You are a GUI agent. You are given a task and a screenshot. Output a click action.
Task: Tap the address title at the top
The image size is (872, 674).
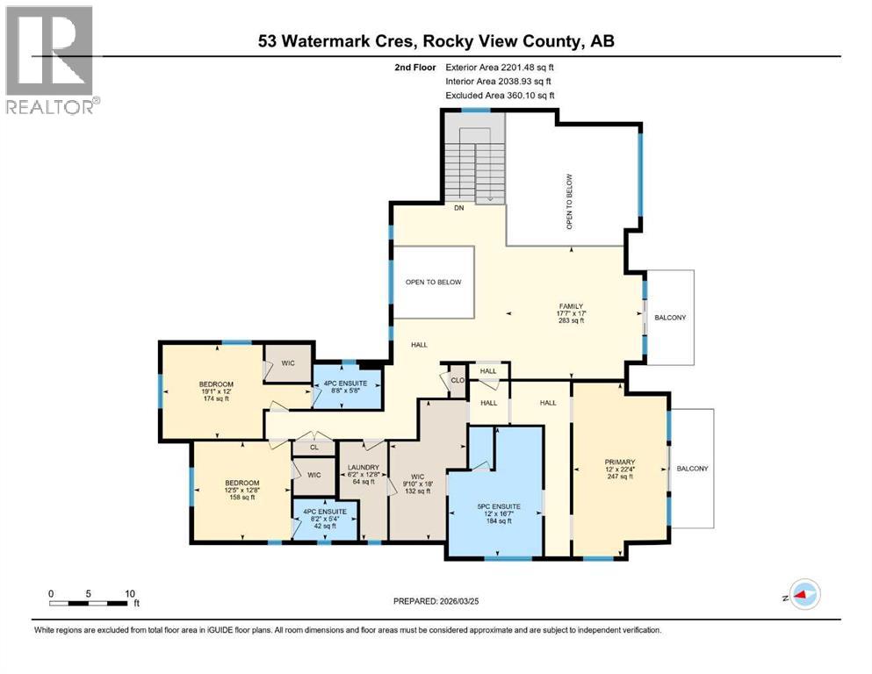436,40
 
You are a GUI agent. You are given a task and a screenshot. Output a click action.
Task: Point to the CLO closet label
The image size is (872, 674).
457,381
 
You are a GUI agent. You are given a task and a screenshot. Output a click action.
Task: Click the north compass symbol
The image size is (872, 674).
802,595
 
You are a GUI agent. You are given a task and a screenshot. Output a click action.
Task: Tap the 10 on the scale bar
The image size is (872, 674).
130,592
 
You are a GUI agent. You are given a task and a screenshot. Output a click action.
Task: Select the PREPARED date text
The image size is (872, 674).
435,601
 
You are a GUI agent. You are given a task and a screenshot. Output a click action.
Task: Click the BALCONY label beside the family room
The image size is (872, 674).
670,318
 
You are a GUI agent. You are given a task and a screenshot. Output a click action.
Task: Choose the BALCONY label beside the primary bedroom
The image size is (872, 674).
693,469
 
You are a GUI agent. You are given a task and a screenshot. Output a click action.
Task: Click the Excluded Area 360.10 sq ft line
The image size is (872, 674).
501,95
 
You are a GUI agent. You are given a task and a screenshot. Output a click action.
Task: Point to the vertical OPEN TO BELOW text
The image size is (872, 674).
569,202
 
